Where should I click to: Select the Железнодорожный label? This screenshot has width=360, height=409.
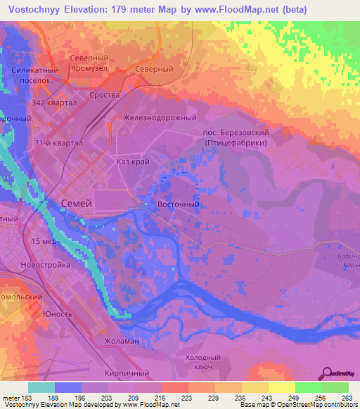[x=160, y=118]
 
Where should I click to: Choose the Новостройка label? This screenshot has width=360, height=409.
[x=46, y=265]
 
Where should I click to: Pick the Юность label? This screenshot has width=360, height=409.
[x=58, y=313]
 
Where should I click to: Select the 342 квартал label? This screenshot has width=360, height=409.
[x=53, y=103]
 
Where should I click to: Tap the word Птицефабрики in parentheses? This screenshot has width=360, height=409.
[x=236, y=142]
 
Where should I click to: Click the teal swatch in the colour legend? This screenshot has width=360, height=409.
[x=41, y=387]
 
